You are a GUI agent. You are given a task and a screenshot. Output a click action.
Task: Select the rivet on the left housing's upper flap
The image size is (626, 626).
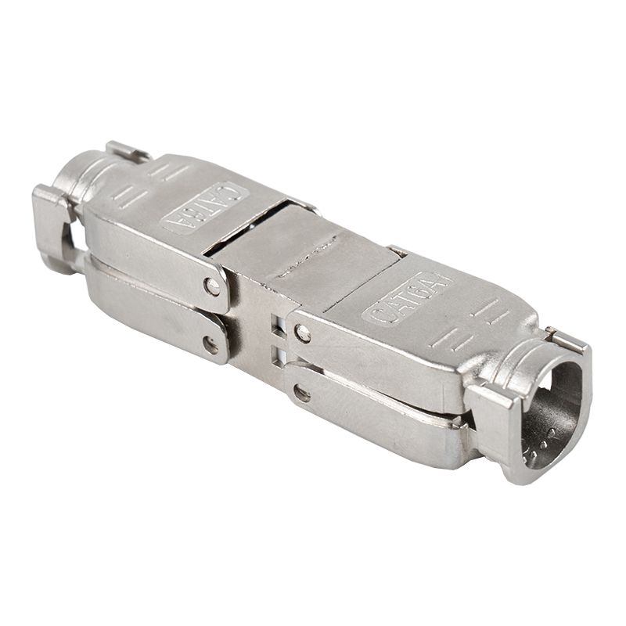pos(212,286)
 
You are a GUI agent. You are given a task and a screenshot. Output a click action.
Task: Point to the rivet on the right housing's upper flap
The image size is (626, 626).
pos(303,334)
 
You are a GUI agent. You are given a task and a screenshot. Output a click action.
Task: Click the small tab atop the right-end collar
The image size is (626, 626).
pos(565,337)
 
